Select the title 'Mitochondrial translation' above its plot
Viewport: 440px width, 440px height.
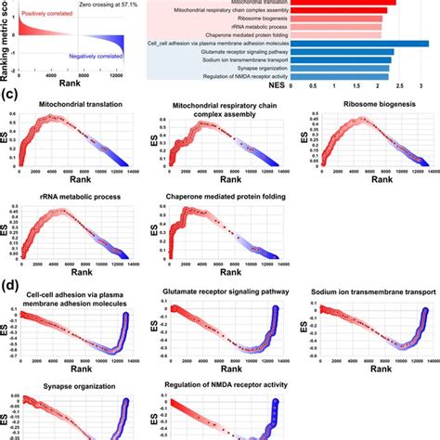tap(79, 117)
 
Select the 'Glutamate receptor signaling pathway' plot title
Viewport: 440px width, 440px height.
tap(227, 292)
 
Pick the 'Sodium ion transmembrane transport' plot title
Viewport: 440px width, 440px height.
tap(371, 292)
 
